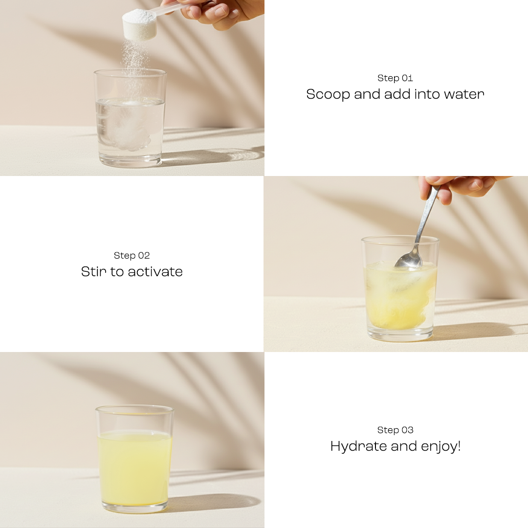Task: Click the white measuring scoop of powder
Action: (139, 24)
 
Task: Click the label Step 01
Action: (395, 78)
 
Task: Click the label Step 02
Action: (132, 256)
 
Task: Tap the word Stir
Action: (94, 272)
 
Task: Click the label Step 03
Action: (395, 430)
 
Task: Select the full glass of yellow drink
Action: (134, 464)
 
